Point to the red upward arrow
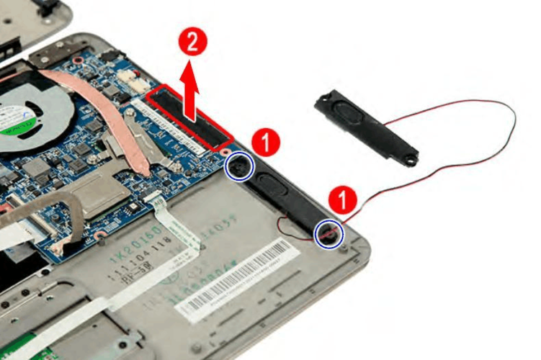tap(190, 89)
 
